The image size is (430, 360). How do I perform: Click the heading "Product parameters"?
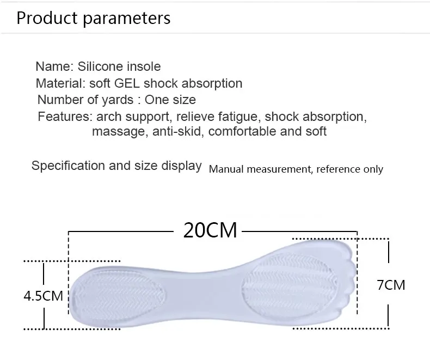pyautogui.click(x=93, y=18)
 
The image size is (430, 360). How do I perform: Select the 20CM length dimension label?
pyautogui.click(x=210, y=230)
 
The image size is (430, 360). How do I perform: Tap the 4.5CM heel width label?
pyautogui.click(x=44, y=296)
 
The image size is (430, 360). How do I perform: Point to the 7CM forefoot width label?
pyautogui.click(x=391, y=284)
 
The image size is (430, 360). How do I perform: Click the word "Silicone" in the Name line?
pyautogui.click(x=100, y=66)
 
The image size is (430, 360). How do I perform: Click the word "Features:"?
pyautogui.click(x=64, y=117)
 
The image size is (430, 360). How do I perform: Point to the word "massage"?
pyautogui.click(x=118, y=131)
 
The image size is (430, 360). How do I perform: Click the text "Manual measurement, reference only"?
pyautogui.click(x=296, y=169)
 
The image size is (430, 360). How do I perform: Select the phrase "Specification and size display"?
pyautogui.click(x=116, y=166)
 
